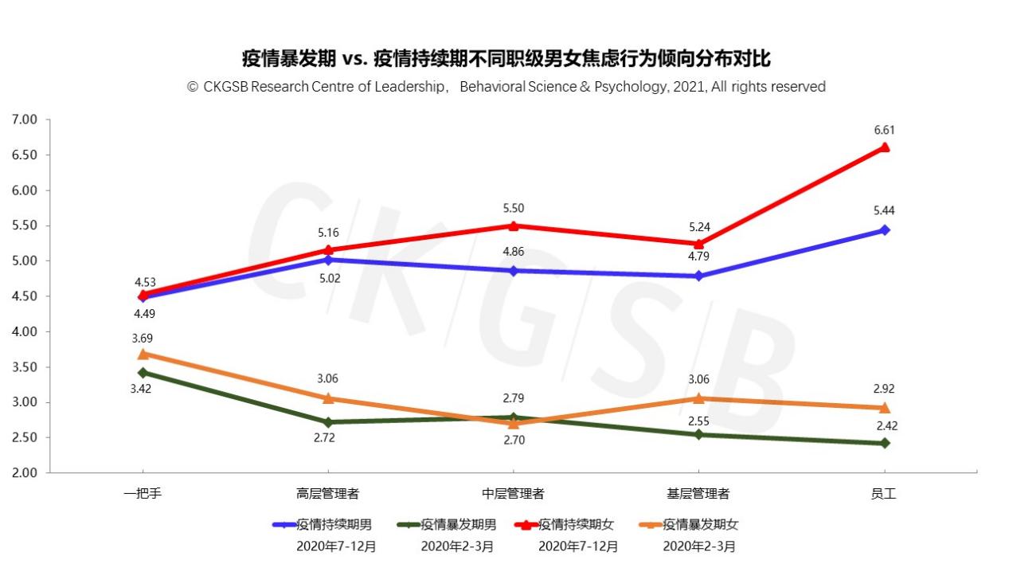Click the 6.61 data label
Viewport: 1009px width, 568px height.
coord(884,130)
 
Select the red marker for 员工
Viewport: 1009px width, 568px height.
coord(884,147)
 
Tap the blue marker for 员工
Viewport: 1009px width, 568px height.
coord(884,230)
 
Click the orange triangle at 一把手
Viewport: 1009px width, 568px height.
coord(143,354)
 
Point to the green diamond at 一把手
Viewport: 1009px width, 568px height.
coord(143,373)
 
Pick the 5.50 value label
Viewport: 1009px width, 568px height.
coord(514,209)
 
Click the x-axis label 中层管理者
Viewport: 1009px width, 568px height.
coord(514,494)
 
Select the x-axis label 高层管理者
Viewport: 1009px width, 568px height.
coord(327,494)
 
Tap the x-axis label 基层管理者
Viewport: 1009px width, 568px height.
coord(698,494)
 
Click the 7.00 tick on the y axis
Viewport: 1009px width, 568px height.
coord(25,119)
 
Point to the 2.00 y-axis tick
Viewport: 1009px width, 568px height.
coord(25,472)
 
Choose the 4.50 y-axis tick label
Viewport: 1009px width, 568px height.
coord(25,296)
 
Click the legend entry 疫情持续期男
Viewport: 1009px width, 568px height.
coord(334,525)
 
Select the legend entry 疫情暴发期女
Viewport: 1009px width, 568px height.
coord(700,525)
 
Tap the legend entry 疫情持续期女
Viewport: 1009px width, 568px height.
coord(576,525)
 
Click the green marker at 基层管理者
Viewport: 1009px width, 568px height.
coord(698,434)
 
